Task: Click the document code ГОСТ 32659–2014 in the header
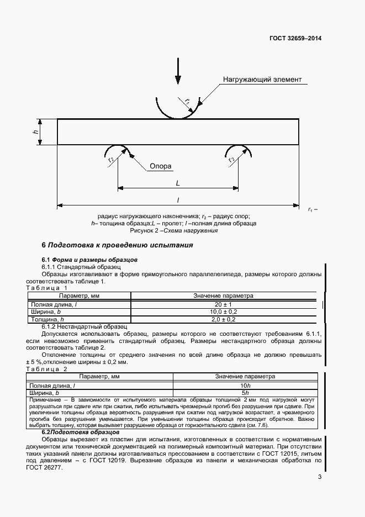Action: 295,39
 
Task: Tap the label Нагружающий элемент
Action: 262,80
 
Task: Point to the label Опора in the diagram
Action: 160,166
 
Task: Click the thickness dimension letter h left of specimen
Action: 35,132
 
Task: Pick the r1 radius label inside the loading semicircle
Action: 187,102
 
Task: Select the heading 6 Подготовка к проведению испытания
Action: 118,245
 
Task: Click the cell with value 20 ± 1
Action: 223,304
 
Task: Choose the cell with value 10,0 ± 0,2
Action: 223,312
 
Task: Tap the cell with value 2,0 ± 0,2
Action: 223,319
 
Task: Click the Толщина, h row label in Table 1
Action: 47,319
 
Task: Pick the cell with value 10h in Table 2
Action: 245,385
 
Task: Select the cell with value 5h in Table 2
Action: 245,393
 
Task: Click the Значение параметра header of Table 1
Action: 223,296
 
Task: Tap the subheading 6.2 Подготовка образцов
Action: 81,432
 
